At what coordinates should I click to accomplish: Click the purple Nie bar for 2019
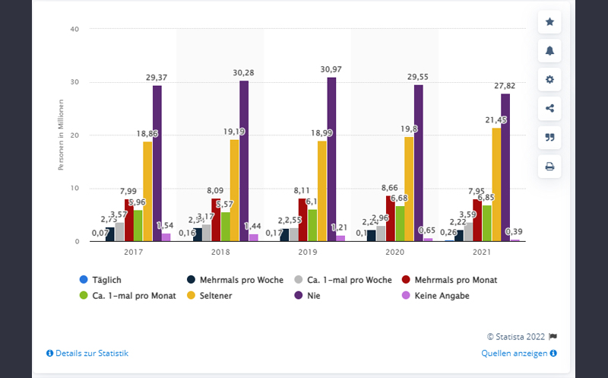point(331,160)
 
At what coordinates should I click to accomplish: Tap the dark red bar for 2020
point(391,218)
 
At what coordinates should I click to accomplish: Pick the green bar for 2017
point(138,226)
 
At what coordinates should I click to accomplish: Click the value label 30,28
point(244,72)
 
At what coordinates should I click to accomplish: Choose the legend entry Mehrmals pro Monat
point(455,280)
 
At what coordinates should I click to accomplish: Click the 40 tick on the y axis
point(74,29)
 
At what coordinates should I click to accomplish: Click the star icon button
point(549,22)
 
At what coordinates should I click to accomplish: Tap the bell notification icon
point(549,51)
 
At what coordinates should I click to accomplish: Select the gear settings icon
point(549,79)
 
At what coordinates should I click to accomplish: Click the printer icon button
point(549,166)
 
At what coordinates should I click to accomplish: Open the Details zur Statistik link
point(87,353)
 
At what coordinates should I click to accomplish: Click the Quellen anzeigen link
point(519,353)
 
